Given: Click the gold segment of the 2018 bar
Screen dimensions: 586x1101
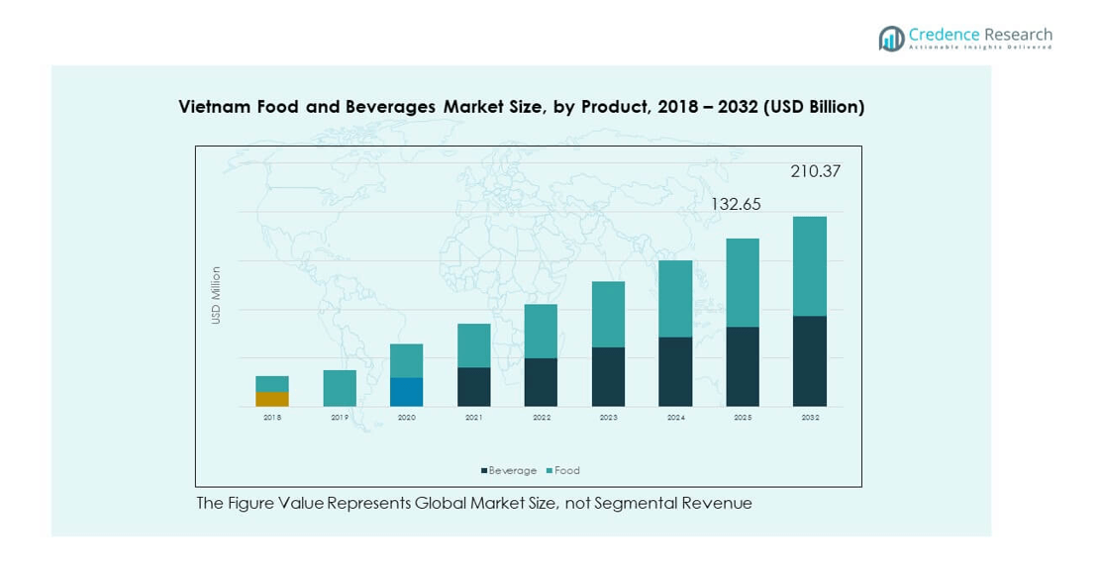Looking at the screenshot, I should click(272, 399).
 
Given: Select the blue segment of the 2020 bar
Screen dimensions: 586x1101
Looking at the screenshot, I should click(406, 392).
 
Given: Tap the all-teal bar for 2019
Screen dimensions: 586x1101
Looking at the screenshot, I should click(340, 388).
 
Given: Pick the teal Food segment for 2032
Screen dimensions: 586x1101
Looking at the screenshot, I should click(810, 266).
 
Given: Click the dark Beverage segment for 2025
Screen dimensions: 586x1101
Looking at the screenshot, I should click(743, 366).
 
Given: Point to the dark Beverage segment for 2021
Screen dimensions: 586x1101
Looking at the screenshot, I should click(473, 387).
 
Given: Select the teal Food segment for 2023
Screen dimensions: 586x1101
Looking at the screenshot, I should click(608, 315).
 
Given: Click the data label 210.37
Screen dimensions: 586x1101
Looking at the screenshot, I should click(815, 171).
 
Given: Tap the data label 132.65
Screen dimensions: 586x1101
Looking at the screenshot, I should click(736, 204).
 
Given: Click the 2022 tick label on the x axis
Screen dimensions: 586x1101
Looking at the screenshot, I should click(542, 418).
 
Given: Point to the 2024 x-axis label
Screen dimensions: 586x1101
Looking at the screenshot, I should click(676, 418).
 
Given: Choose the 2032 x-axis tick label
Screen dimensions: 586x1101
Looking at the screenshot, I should click(810, 418).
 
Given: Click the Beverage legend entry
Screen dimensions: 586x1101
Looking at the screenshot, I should click(509, 471).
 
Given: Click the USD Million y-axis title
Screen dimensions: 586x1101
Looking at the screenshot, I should click(216, 295).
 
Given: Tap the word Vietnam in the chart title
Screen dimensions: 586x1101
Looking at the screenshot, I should click(210, 107).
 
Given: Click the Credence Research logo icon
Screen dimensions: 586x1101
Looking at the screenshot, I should click(891, 39).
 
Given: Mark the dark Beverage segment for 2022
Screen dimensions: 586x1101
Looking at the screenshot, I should click(541, 382).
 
